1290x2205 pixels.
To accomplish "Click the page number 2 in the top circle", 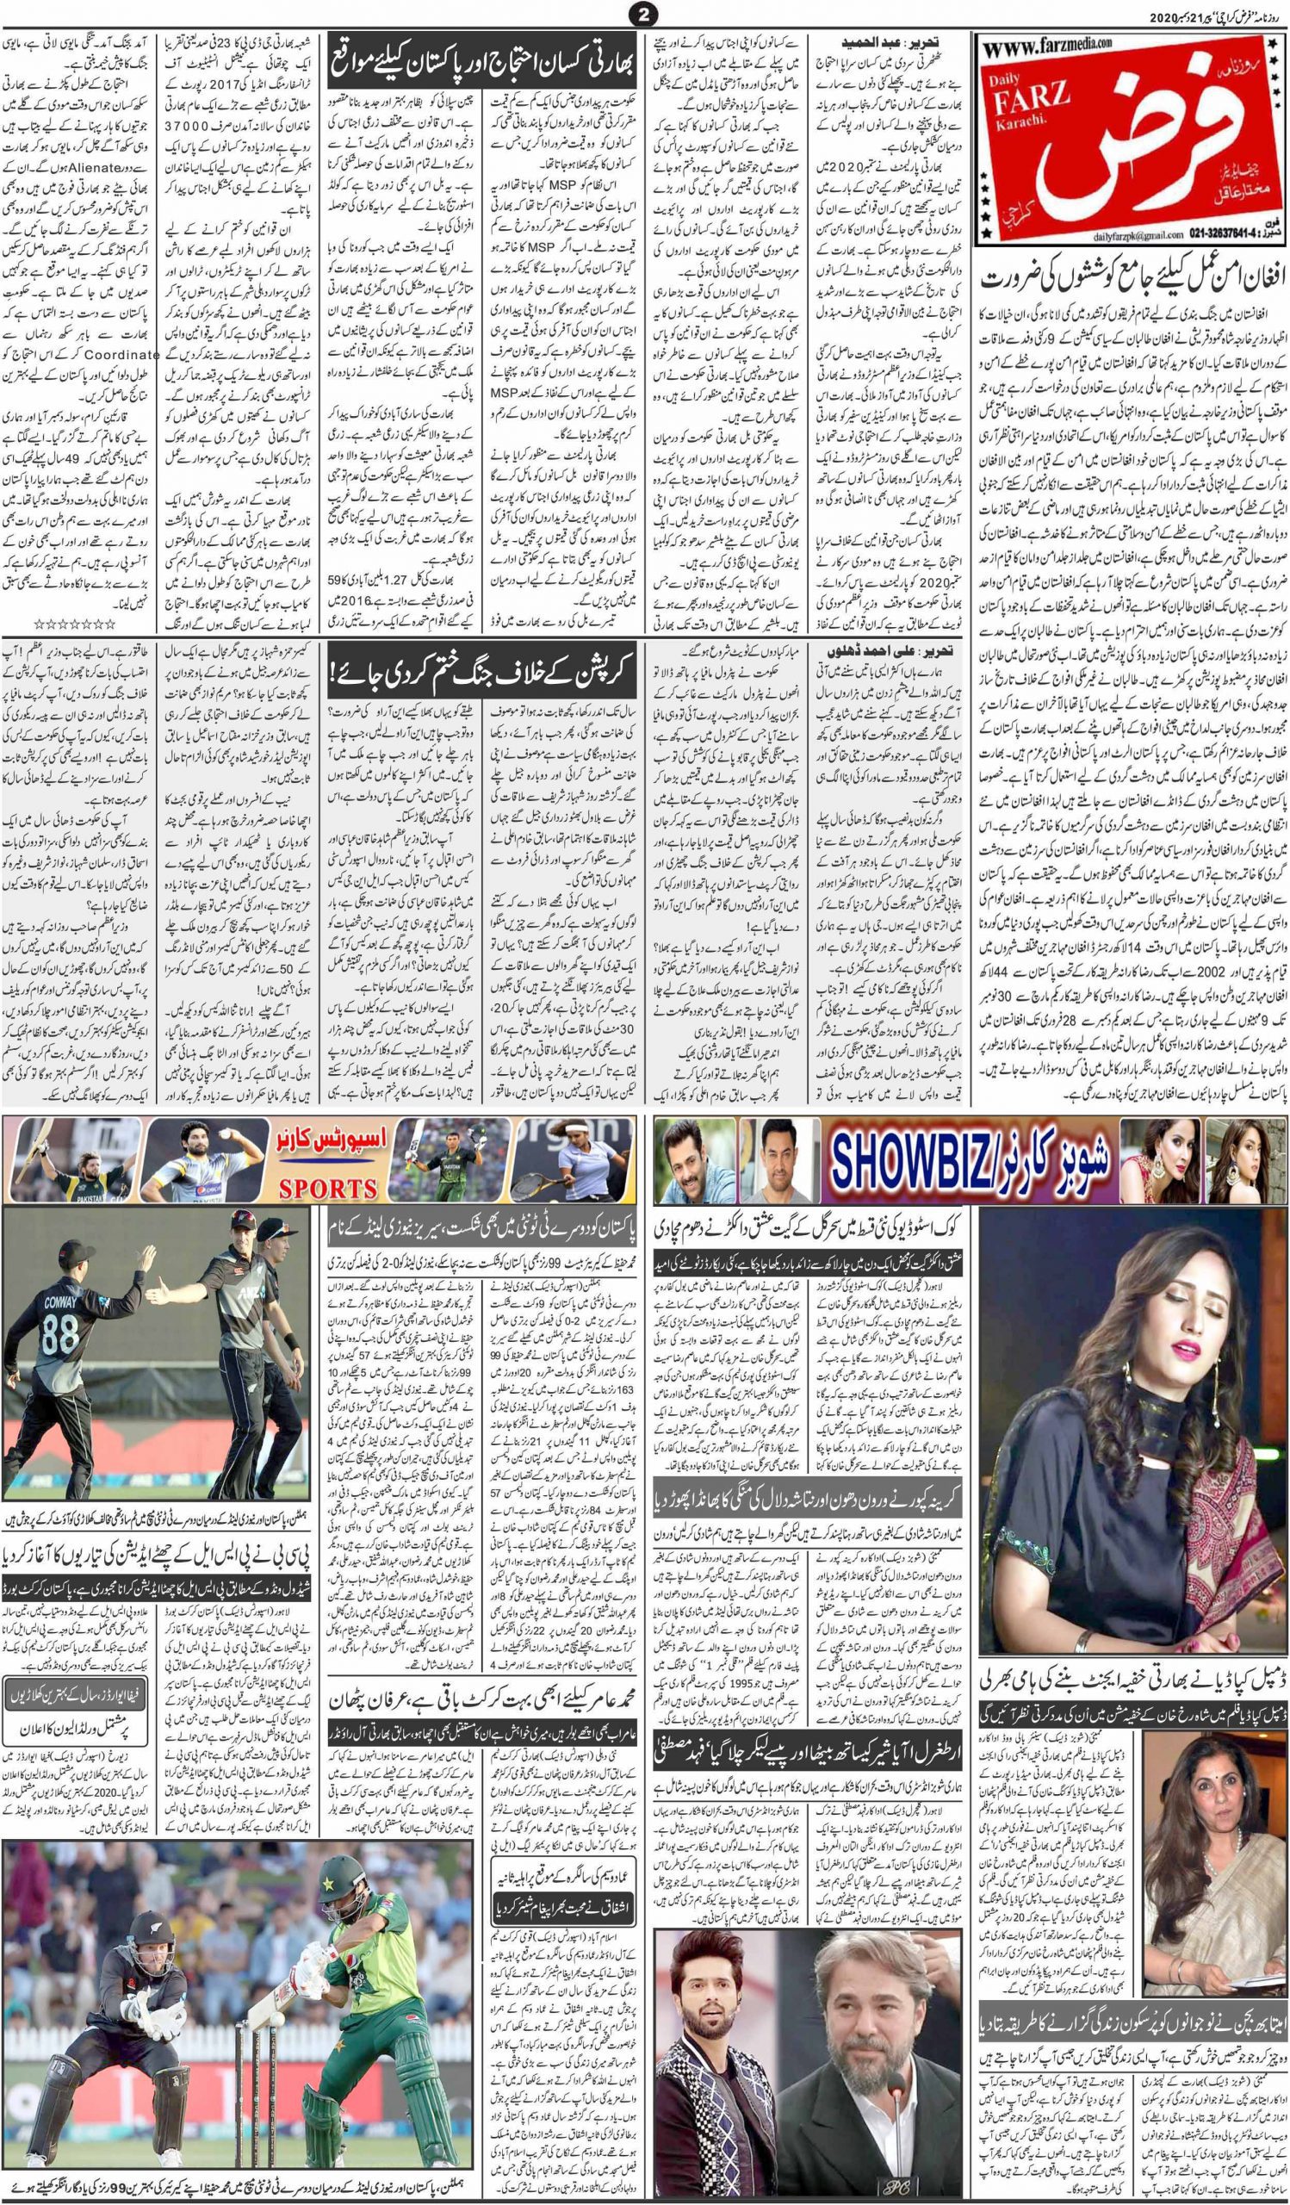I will click(644, 13).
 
